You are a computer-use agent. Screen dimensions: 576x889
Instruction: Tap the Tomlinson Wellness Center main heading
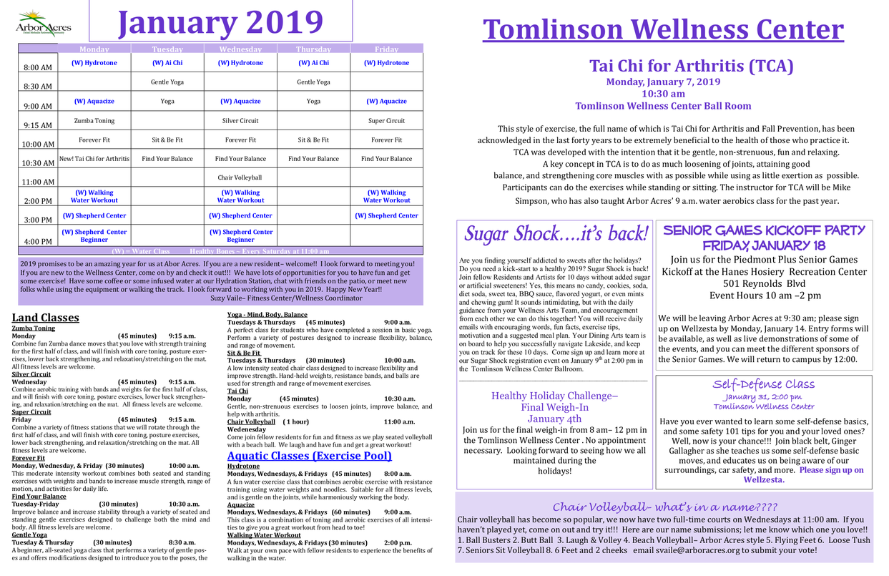point(663,30)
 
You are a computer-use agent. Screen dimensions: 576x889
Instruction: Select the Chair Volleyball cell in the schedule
point(240,177)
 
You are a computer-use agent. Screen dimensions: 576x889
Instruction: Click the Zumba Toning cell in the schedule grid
point(94,121)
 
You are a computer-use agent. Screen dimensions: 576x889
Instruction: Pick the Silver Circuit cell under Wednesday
point(240,121)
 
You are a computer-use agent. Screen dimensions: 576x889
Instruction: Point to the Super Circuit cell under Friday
point(387,121)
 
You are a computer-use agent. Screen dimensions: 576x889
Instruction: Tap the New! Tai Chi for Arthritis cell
point(94,159)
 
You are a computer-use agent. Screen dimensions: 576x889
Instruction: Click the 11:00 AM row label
point(37,182)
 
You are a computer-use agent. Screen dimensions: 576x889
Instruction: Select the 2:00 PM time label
point(37,202)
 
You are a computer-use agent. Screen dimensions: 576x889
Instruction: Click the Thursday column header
point(313,49)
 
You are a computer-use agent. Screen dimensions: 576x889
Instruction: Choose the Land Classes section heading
point(46,318)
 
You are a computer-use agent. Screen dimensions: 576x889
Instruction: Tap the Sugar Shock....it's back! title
point(556,234)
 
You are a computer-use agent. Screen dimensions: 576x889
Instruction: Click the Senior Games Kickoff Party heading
point(763,237)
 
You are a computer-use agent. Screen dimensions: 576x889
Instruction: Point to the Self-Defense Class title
point(763,384)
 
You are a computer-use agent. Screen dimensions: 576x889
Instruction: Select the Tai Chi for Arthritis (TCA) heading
point(691,67)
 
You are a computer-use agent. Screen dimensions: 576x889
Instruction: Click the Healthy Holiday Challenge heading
point(554,396)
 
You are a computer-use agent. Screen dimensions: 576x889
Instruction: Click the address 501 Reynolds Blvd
point(763,283)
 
